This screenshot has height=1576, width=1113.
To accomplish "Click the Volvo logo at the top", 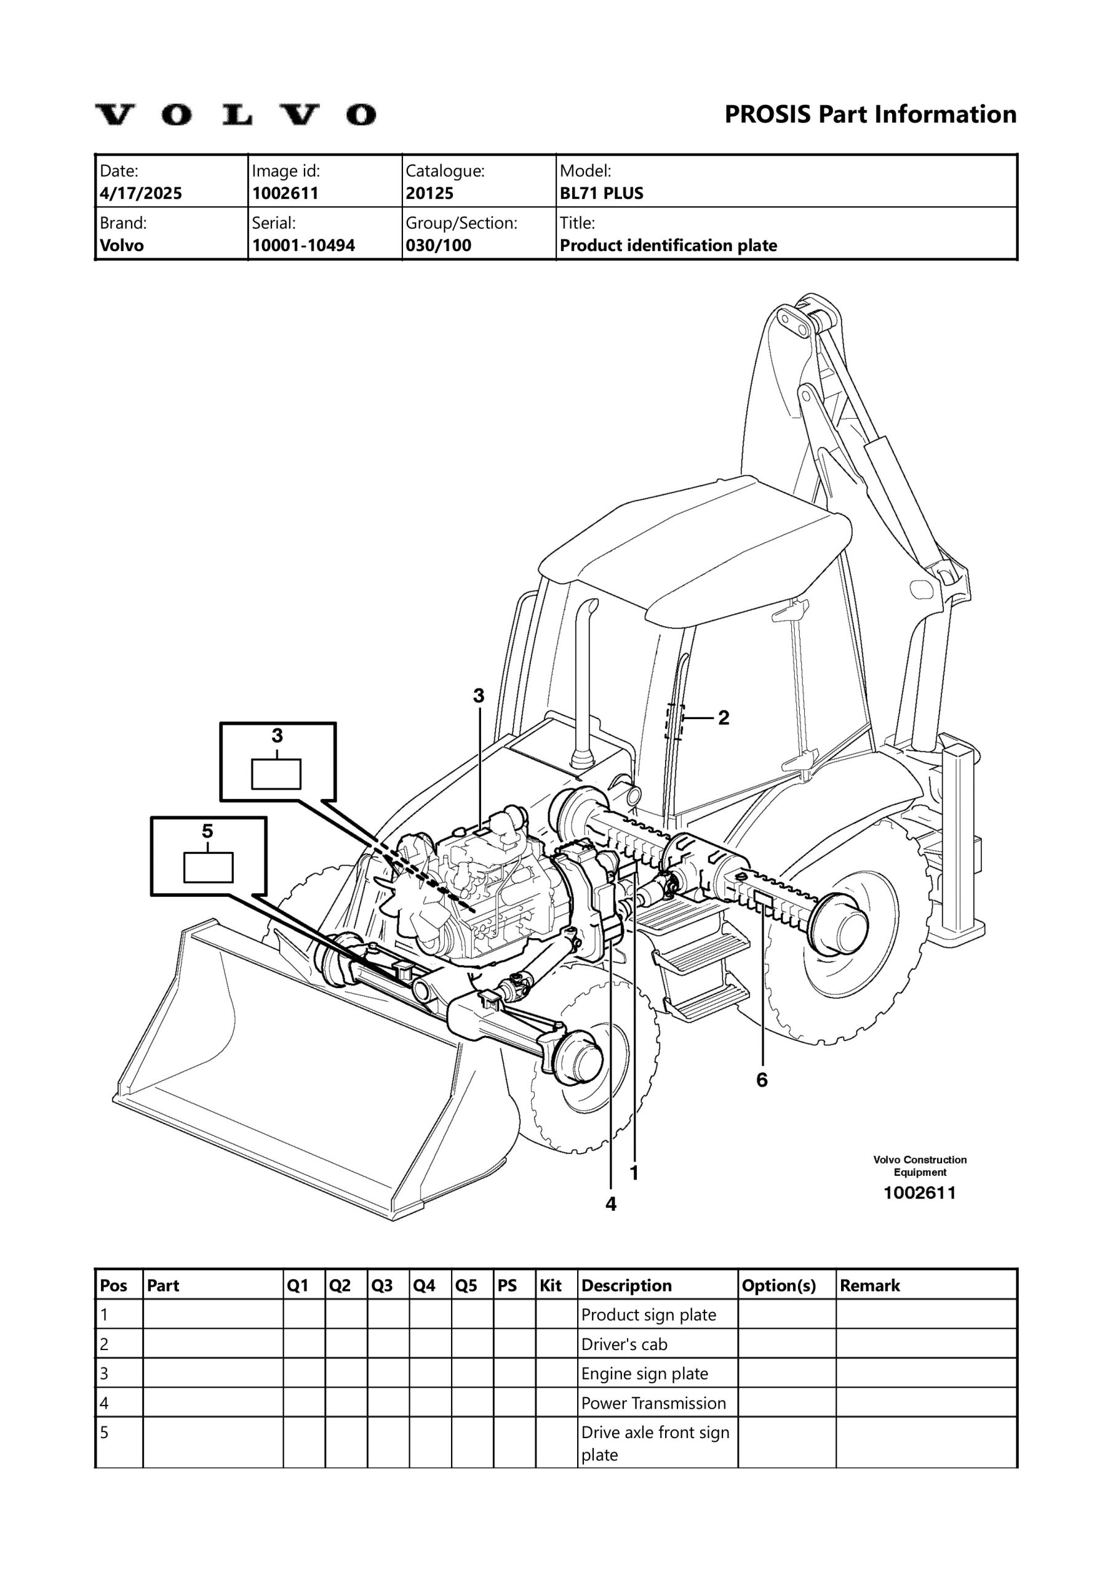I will coord(234,115).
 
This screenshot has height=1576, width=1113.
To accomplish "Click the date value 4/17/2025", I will coord(141,193).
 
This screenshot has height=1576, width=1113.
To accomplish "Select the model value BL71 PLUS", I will coord(601,193).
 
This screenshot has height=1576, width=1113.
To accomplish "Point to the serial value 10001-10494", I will coord(303,246).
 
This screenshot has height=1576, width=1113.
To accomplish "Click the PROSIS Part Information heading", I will coord(870,114).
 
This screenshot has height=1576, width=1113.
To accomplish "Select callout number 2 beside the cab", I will coord(724,718).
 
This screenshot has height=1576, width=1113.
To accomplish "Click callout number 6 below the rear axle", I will coord(762,1080).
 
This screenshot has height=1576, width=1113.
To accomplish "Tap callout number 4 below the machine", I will coord(611,1204).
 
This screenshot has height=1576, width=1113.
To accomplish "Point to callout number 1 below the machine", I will coord(634,1173).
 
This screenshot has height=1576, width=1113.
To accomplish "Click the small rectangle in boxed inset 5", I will coord(209,867).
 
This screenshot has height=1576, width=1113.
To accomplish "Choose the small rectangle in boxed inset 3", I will coord(276,774).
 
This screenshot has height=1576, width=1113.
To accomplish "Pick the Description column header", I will coord(626,1285).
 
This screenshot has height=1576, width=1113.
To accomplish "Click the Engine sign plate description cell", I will coord(644,1373).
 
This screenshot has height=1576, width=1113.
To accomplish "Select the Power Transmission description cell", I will coord(653,1403).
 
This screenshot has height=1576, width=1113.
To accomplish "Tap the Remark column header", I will coord(869,1285).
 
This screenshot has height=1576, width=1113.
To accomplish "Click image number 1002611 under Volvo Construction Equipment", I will coord(919,1193).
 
